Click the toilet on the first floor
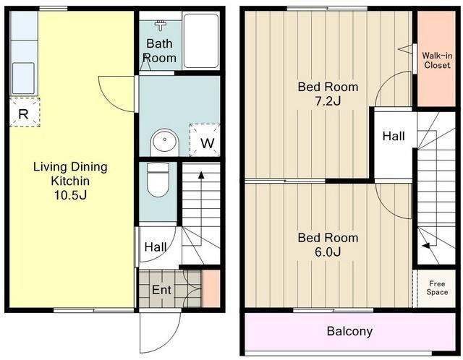click(158, 179)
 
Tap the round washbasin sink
click(165, 142)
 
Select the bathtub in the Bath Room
click(201, 40)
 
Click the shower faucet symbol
click(161, 25)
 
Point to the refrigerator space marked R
click(25, 113)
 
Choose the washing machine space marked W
click(205, 140)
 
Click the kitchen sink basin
click(23, 78)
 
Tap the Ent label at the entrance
click(161, 290)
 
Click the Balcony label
click(349, 331)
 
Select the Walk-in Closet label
click(437, 60)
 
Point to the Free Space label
click(437, 288)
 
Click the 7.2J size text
click(328, 101)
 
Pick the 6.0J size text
click(328, 252)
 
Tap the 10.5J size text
click(70, 195)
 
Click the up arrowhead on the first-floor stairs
click(201, 175)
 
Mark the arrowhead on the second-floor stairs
click(425, 245)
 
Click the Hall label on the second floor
click(394, 136)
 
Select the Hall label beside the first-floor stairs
click(156, 247)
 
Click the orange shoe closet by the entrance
click(211, 288)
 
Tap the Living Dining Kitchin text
click(70, 173)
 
